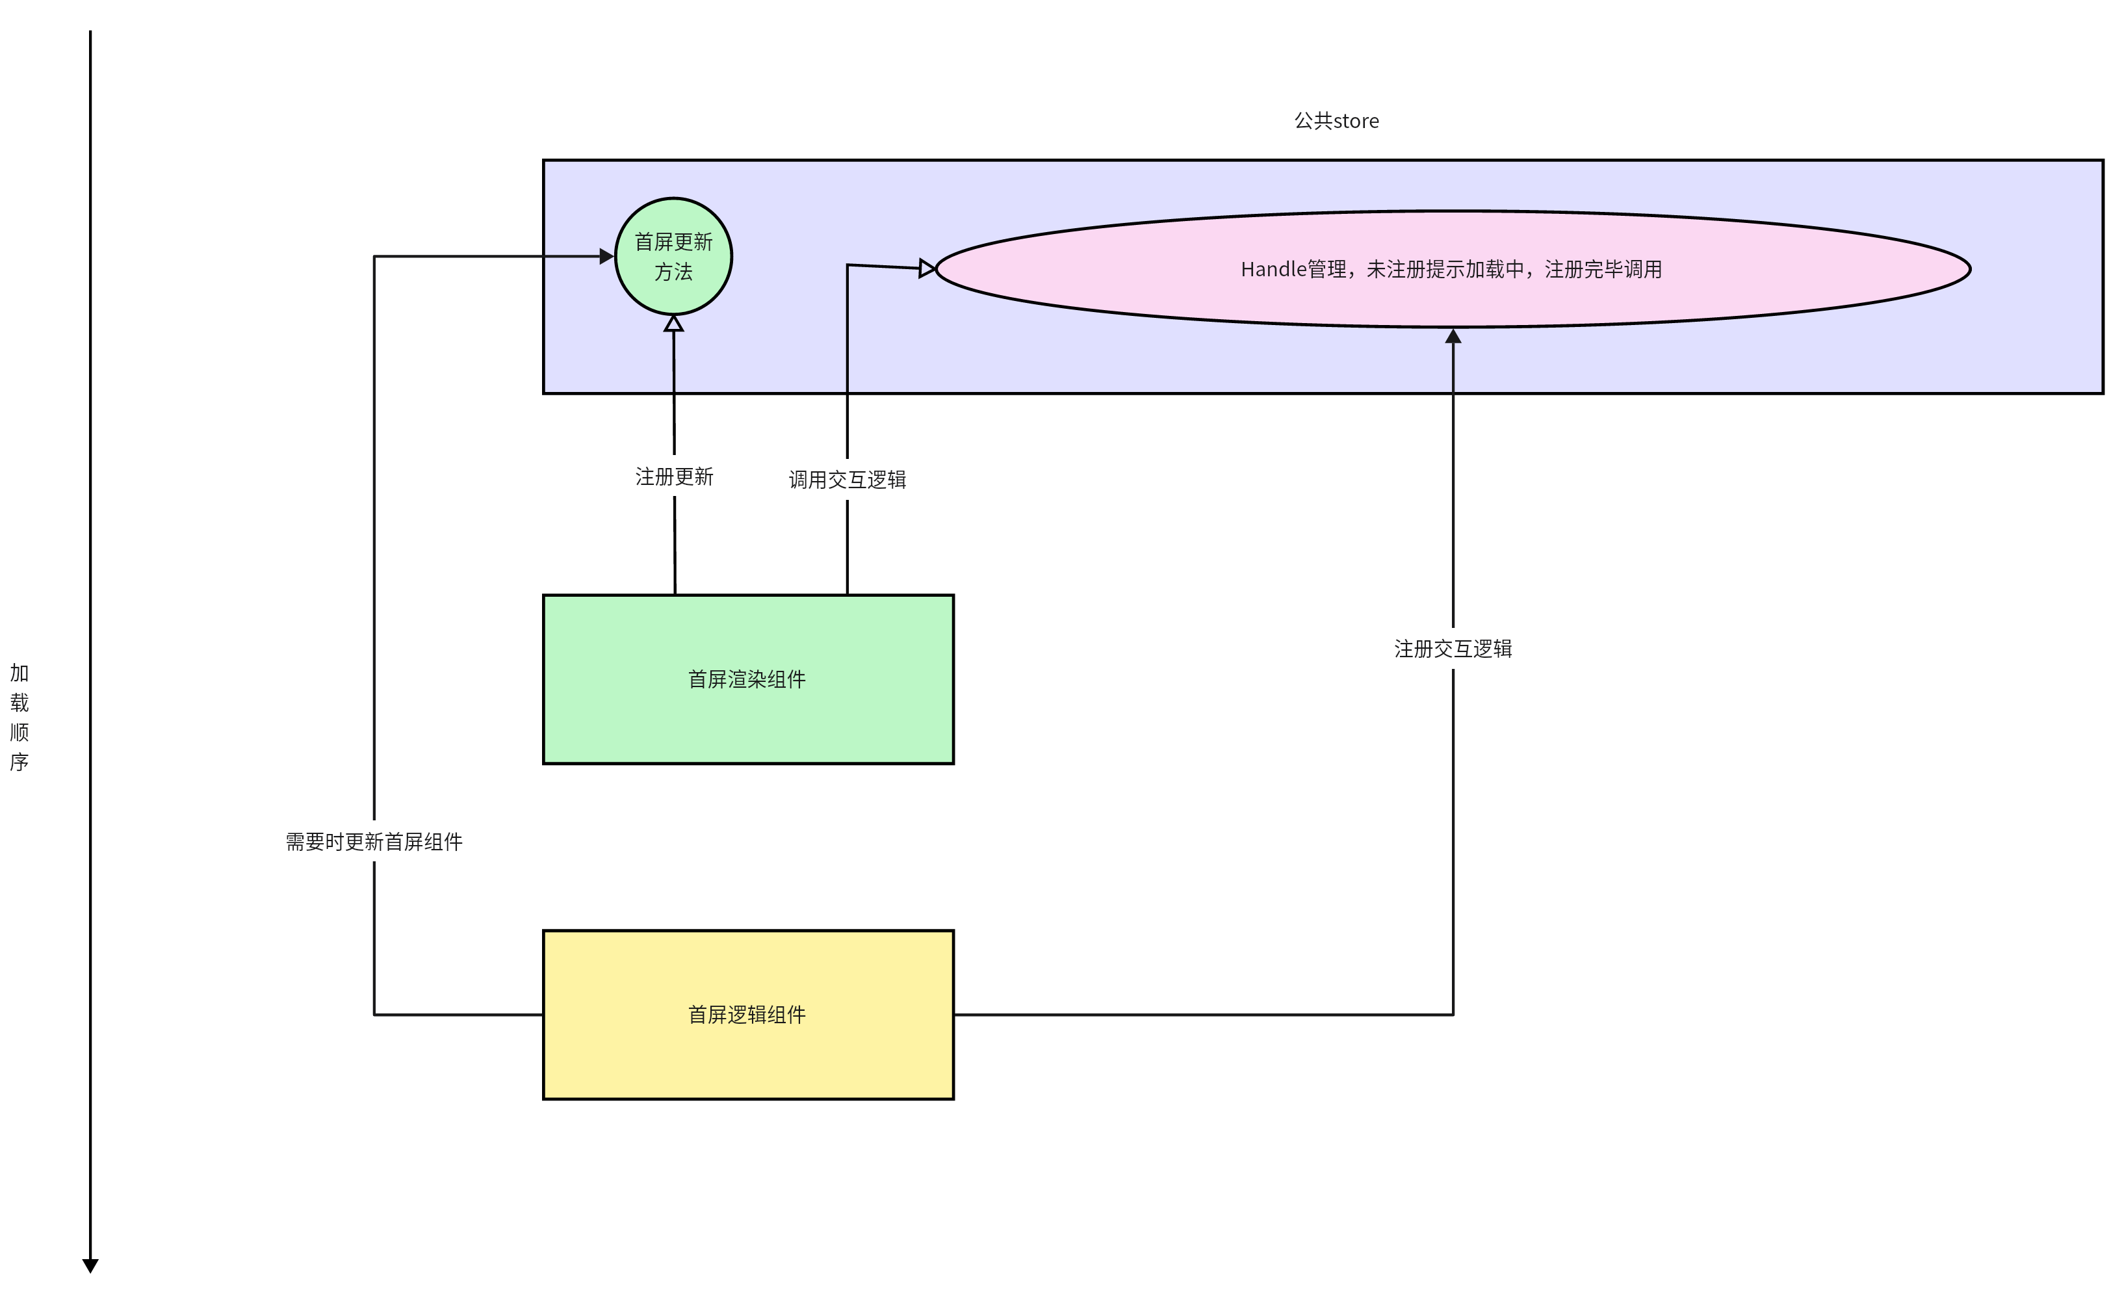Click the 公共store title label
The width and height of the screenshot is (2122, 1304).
click(x=1336, y=121)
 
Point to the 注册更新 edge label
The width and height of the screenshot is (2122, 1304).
click(x=673, y=477)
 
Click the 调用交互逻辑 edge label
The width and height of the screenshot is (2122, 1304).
click(x=847, y=480)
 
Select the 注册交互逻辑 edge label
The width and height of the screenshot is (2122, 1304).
click(x=1452, y=649)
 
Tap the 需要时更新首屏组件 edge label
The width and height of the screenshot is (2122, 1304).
click(x=373, y=842)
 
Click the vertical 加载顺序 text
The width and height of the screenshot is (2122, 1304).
click(x=19, y=717)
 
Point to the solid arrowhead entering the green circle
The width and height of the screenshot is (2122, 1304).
click(x=606, y=256)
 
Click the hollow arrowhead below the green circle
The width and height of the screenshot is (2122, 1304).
click(x=673, y=324)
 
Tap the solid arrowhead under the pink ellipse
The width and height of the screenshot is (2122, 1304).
click(x=1453, y=336)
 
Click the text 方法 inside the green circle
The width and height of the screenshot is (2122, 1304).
click(x=673, y=272)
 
